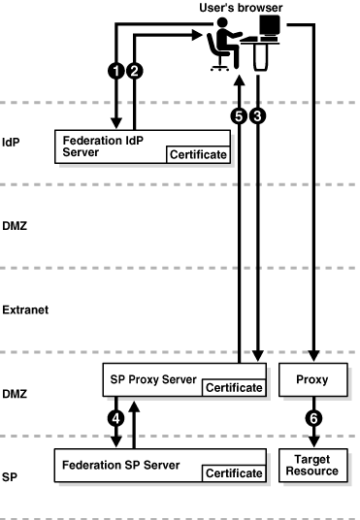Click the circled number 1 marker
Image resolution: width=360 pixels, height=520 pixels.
tap(117, 71)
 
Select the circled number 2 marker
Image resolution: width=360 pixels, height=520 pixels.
tap(135, 71)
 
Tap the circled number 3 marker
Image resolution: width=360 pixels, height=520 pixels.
tap(257, 115)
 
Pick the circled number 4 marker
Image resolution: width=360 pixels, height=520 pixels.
tap(117, 420)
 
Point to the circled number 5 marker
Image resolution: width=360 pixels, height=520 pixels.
tap(239, 115)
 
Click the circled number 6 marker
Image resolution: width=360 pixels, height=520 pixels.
tap(313, 420)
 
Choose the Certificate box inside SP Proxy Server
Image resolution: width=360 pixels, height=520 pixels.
tap(234, 388)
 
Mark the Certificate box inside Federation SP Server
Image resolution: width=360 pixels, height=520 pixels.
tap(234, 472)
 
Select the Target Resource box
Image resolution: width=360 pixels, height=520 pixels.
tap(312, 465)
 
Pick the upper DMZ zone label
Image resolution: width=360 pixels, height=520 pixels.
tap(16, 225)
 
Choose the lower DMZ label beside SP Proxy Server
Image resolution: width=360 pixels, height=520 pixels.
tap(16, 394)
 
